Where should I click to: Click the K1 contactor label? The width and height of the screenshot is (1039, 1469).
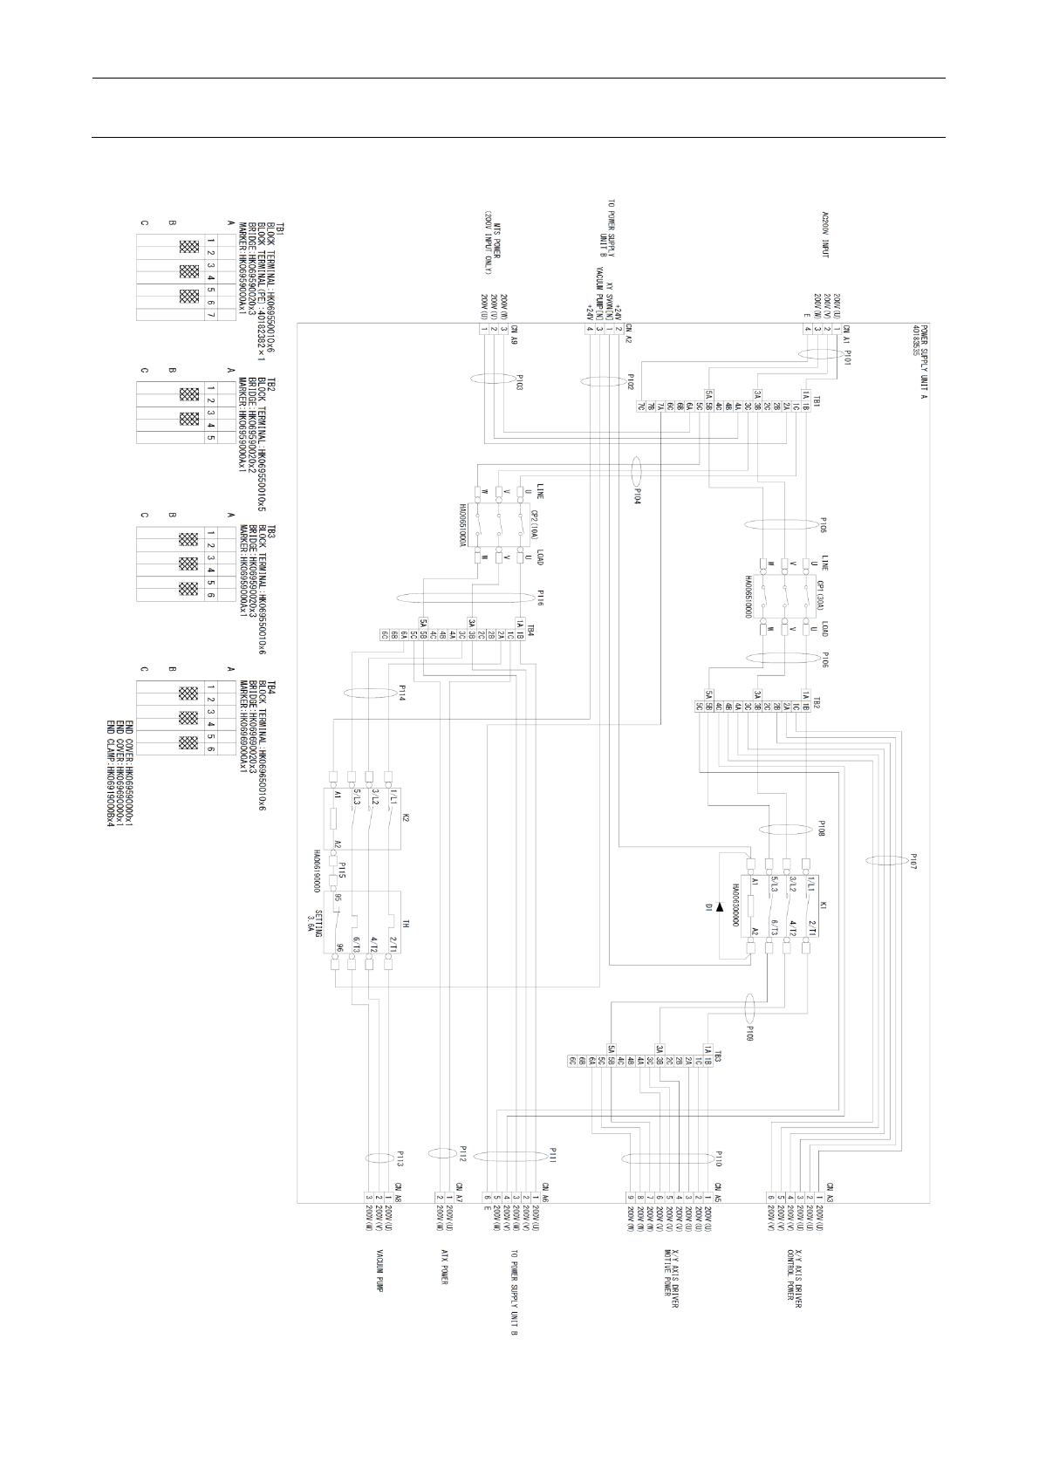[x=822, y=906]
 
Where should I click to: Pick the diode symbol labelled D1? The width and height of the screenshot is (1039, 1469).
[x=719, y=907]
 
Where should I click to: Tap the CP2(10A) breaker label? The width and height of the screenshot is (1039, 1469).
[x=535, y=522]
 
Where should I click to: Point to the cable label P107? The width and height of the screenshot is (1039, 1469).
[x=913, y=861]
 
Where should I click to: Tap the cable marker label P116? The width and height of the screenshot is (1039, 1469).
[x=540, y=598]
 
